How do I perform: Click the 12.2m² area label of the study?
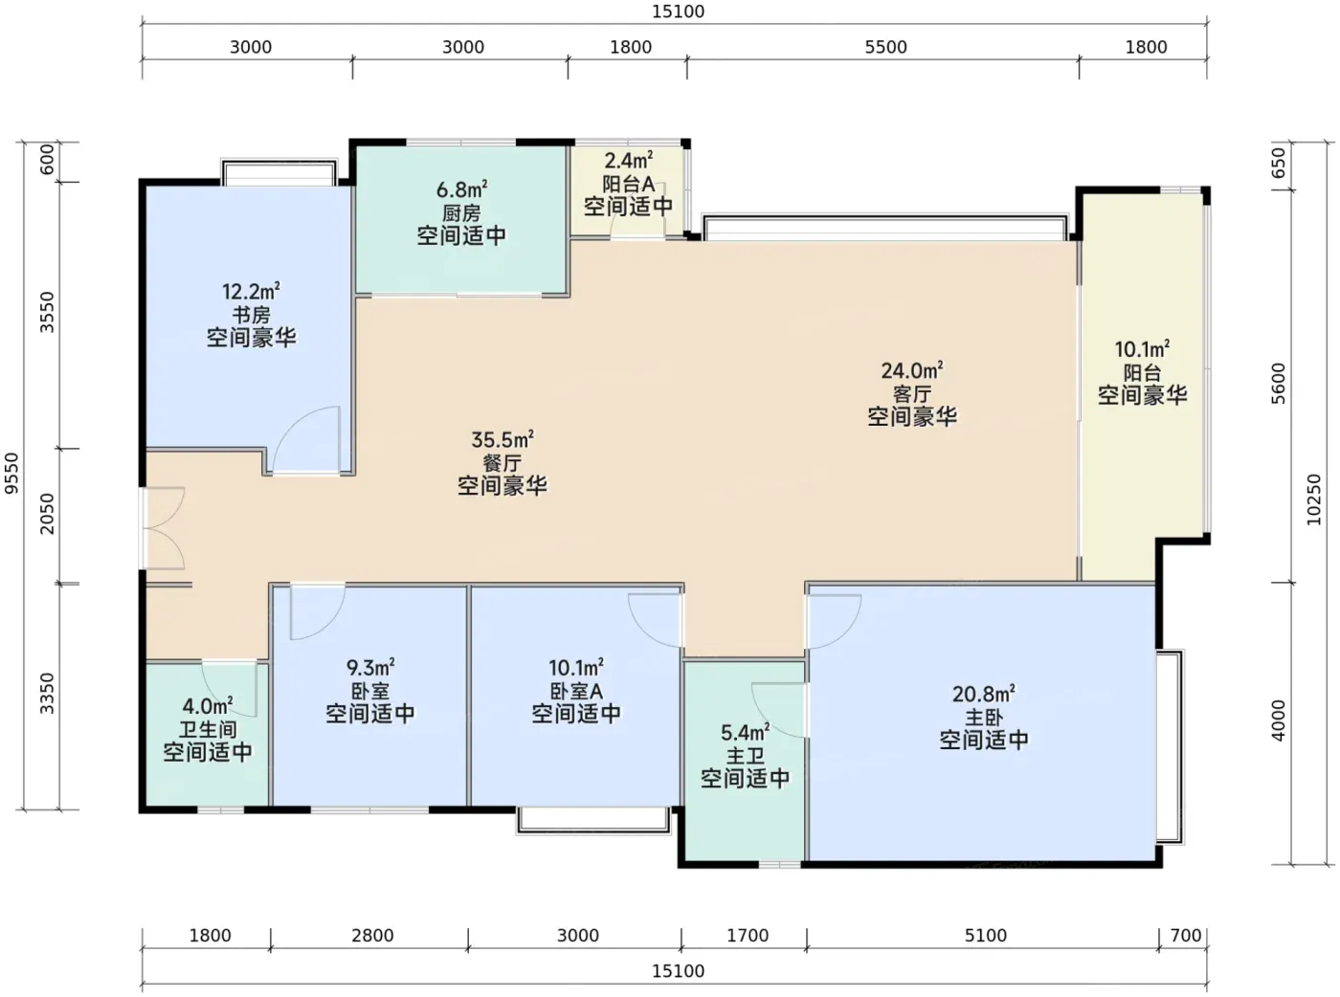251,292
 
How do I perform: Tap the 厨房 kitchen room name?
461,212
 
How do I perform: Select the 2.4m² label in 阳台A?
628,161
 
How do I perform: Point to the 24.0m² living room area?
911,370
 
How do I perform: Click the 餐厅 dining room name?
502,462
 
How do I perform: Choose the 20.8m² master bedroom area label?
984,694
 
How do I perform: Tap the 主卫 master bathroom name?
745,756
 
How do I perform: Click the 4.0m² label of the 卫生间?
208,705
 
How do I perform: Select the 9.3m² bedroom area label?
370,668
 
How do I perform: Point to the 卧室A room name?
576,691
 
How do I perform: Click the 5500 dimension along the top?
885,47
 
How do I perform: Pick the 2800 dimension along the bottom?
372,936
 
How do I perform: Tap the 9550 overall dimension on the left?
12,473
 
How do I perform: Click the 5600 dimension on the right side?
1279,384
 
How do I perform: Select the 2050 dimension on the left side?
47,514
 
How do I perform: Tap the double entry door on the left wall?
163,528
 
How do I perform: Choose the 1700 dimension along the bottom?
748,936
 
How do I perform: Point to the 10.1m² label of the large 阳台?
1142,349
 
